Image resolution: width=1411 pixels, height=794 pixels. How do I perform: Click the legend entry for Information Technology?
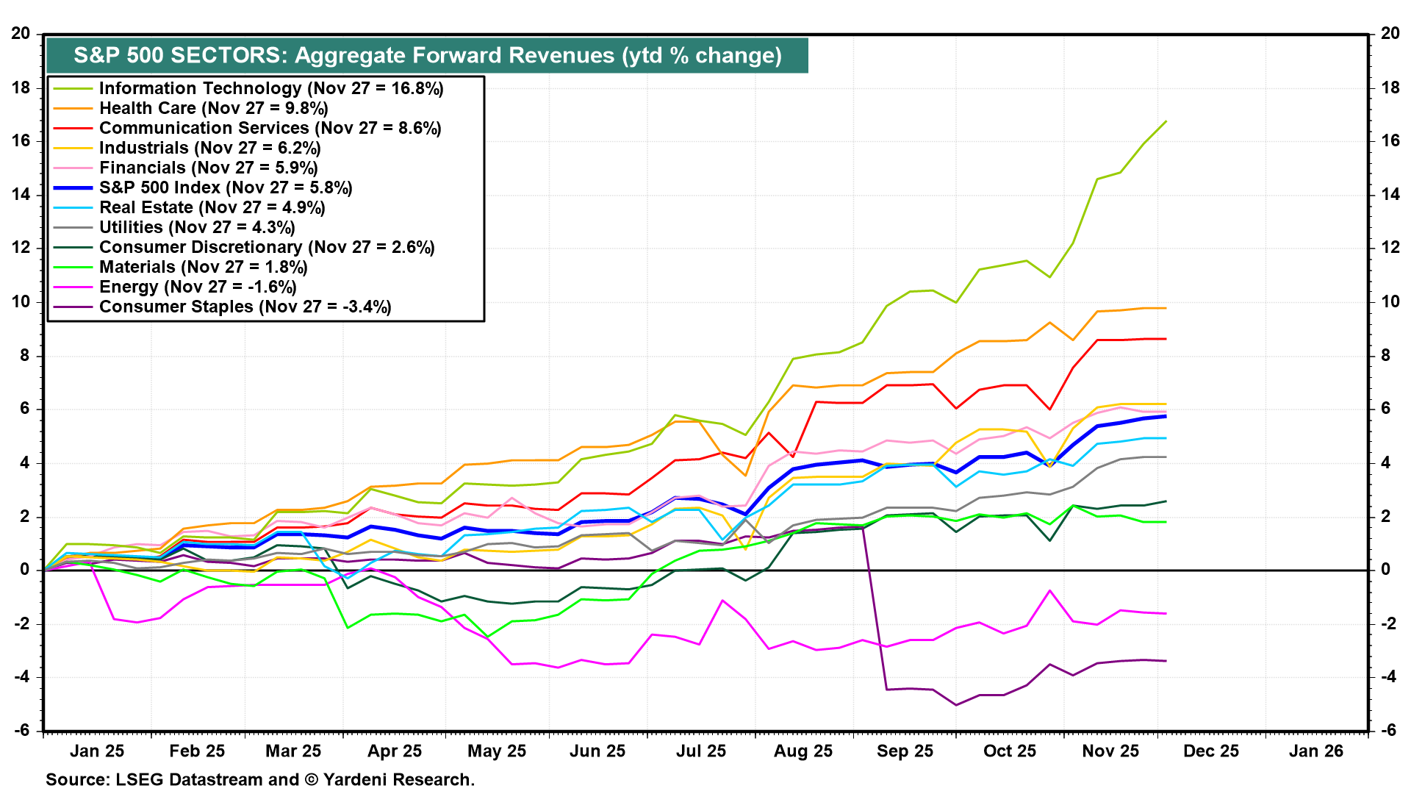270,88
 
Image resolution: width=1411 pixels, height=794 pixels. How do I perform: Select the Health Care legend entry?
213,108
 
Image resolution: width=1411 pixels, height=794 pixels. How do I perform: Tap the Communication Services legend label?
270,128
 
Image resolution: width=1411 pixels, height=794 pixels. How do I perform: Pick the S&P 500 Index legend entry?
225,187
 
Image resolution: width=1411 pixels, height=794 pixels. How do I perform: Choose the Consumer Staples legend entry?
245,307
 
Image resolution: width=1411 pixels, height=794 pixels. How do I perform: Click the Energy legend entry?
197,287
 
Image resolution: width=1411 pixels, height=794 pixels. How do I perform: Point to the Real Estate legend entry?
212,207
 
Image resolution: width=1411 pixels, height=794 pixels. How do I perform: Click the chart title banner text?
427,55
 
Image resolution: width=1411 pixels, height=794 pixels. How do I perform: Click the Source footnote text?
260,779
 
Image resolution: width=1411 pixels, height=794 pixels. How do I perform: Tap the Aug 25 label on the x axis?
803,751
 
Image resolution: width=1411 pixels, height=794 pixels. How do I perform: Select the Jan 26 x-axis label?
1315,751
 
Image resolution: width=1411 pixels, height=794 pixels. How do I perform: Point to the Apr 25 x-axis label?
395,751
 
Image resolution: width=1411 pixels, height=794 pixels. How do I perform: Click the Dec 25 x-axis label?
1210,751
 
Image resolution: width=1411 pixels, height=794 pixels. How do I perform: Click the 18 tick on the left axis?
21,87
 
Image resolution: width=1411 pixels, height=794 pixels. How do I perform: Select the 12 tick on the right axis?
1390,248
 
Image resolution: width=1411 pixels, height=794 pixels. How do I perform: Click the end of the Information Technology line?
1166,121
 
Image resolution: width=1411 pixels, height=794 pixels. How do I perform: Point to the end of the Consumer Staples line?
1166,661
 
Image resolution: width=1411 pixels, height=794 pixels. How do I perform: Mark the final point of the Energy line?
1166,613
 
